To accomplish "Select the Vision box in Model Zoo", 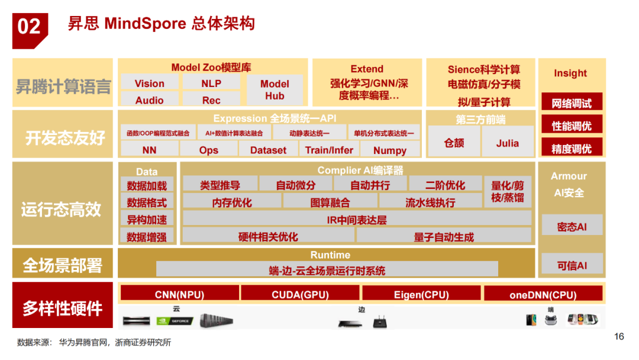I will coord(149,83).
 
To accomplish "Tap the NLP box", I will coord(211,83).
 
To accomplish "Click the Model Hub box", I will coord(275,90).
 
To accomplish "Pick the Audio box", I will coord(149,100).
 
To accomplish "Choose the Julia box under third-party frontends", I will coord(508,143).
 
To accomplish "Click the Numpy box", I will coord(390,150).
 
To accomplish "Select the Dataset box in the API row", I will coord(268,150).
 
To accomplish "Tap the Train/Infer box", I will coord(329,150).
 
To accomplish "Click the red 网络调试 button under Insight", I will coord(571,103).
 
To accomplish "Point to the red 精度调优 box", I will coord(571,148).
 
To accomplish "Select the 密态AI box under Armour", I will coord(572,226).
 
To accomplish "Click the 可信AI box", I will coord(572,266).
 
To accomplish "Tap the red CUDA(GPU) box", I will coord(300,294).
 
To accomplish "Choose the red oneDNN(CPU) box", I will coord(543,294).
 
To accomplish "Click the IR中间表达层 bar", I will coord(357,220).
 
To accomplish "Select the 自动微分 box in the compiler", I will coord(295,185).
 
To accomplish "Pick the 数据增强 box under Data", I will coord(147,237).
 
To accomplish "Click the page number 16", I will coord(619,337).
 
